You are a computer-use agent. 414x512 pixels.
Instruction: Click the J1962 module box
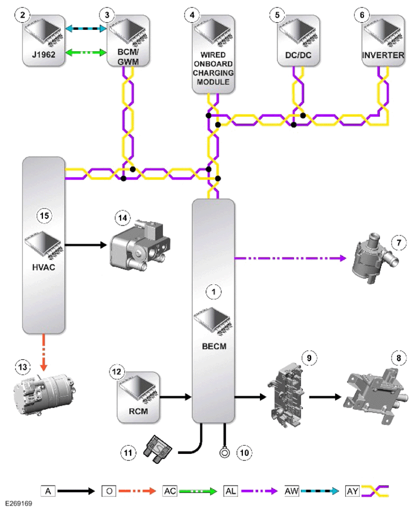point(44,41)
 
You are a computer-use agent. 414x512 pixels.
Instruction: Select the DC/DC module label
point(298,55)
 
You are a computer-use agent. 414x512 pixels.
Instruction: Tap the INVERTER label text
point(383,55)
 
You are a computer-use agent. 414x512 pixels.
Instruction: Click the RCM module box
point(138,397)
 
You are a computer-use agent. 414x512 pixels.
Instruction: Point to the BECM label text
point(214,346)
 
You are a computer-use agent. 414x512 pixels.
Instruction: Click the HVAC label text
point(44,267)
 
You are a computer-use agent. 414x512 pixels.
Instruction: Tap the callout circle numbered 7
point(399,242)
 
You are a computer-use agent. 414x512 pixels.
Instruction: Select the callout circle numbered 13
point(22,367)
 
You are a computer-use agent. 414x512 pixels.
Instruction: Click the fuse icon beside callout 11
point(158,449)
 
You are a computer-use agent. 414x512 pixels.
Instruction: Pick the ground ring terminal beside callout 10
point(224,453)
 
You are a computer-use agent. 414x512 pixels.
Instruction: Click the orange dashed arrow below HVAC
point(44,352)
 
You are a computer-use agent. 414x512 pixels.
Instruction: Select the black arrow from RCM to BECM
point(176,397)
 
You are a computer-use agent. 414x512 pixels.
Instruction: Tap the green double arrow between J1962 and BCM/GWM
point(86,52)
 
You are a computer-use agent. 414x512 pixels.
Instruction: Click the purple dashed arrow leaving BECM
point(291,258)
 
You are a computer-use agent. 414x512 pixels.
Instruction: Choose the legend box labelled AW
point(291,491)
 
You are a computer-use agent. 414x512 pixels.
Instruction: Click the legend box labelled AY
point(352,491)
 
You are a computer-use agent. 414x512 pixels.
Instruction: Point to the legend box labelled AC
point(170,491)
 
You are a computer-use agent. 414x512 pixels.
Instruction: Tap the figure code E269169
point(19,503)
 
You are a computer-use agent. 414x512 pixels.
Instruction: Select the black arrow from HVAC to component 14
point(86,245)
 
